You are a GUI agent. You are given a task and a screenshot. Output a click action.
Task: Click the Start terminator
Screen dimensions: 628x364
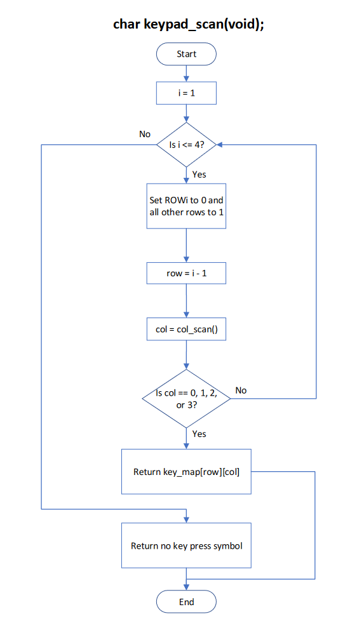[186, 54]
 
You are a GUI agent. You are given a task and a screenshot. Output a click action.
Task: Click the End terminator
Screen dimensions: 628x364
[186, 601]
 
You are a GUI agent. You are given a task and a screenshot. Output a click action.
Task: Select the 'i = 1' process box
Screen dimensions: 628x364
[186, 95]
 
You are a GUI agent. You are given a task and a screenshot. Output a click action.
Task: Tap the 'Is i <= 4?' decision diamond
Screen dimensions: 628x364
[186, 145]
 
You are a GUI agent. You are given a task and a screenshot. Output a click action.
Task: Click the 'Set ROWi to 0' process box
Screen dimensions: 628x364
[186, 206]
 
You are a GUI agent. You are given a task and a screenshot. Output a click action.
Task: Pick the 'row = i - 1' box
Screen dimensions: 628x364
[186, 274]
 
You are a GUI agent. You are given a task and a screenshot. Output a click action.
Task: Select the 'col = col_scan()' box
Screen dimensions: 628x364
[186, 330]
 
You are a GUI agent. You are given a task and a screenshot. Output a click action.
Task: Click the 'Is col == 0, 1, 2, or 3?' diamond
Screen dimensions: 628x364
[186, 399]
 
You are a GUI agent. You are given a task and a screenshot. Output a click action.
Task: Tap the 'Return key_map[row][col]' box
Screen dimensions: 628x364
[186, 472]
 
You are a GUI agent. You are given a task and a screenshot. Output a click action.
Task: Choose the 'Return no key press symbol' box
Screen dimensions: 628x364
[186, 545]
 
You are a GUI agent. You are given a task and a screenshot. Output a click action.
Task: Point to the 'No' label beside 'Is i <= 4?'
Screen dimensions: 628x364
[145, 134]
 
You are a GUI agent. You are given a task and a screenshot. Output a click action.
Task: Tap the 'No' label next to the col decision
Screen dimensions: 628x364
[241, 390]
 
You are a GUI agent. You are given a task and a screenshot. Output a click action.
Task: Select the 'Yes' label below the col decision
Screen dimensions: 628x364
[199, 434]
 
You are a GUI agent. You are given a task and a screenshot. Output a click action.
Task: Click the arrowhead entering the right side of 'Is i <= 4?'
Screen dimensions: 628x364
[219, 145]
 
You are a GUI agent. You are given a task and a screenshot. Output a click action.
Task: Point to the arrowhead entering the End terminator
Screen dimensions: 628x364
[186, 588]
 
